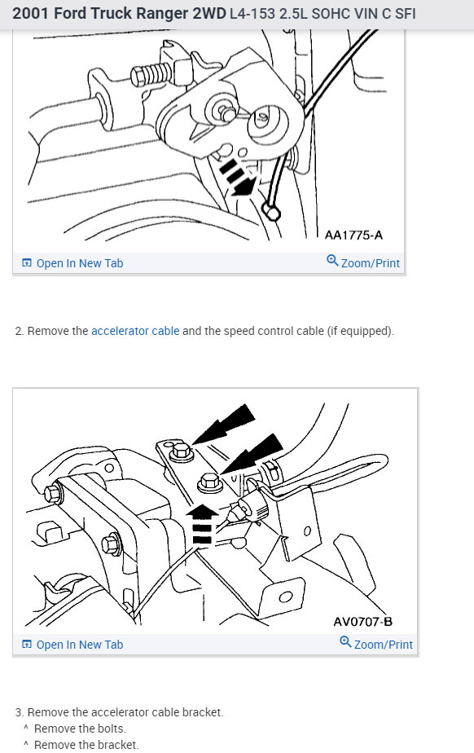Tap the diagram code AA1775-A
353,236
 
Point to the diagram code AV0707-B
362,622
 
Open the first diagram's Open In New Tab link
72,263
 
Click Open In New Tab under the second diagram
72,645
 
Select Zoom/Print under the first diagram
370,263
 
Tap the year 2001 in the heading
30,14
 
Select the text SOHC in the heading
328,14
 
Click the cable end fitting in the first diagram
271,213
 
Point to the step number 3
19,712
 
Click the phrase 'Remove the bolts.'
80,729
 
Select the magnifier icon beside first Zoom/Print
331,262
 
